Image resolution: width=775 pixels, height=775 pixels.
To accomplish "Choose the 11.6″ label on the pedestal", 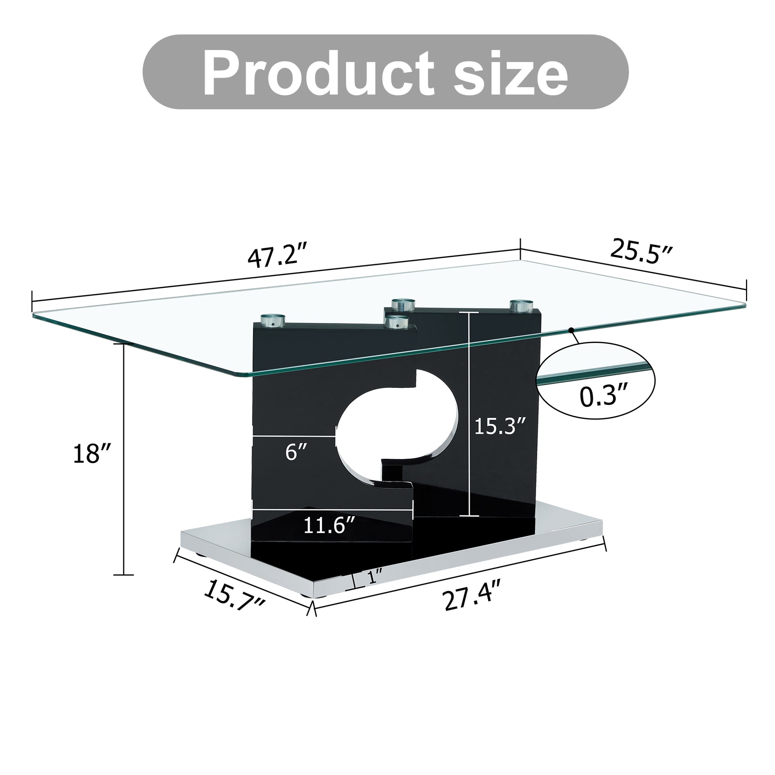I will click(329, 525).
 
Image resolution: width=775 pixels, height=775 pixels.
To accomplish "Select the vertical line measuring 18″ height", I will click(123, 459).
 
